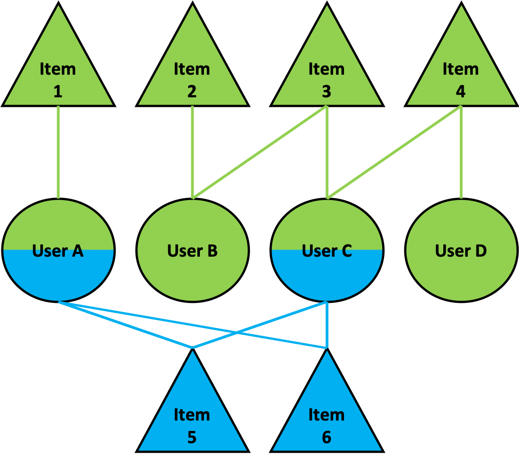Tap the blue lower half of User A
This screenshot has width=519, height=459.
[58, 276]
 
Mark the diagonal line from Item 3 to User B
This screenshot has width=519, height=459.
[259, 153]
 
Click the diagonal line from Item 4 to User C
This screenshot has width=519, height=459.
[393, 153]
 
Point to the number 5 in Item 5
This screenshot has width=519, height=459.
[192, 437]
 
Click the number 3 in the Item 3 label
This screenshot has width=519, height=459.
[326, 91]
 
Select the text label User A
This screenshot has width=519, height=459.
[58, 250]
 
